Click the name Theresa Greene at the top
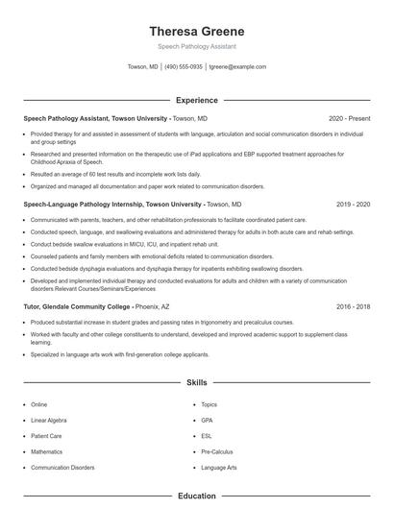pyautogui.click(x=197, y=31)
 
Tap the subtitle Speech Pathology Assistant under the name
pyautogui.click(x=197, y=46)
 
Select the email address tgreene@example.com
pyautogui.click(x=237, y=67)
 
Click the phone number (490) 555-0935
pyautogui.click(x=184, y=67)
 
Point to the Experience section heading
pyautogui.click(x=197, y=100)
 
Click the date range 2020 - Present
pyautogui.click(x=349, y=118)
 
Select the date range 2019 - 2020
pyautogui.click(x=352, y=205)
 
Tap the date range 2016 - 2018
pyautogui.click(x=352, y=306)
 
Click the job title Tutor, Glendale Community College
pyautogui.click(x=76, y=306)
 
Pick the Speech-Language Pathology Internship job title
pyautogui.click(x=112, y=205)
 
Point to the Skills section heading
pyautogui.click(x=197, y=382)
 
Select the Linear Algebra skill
pyautogui.click(x=49, y=420)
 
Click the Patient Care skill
pyautogui.click(x=46, y=436)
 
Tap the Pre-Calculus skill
pyautogui.click(x=217, y=451)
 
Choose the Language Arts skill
pyautogui.click(x=219, y=468)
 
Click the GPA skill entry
pyautogui.click(x=207, y=420)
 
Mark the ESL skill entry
pyautogui.click(x=207, y=436)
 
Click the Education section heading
pyautogui.click(x=197, y=497)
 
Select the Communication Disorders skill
pyautogui.click(x=62, y=468)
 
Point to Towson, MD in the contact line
pyautogui.click(x=143, y=67)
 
